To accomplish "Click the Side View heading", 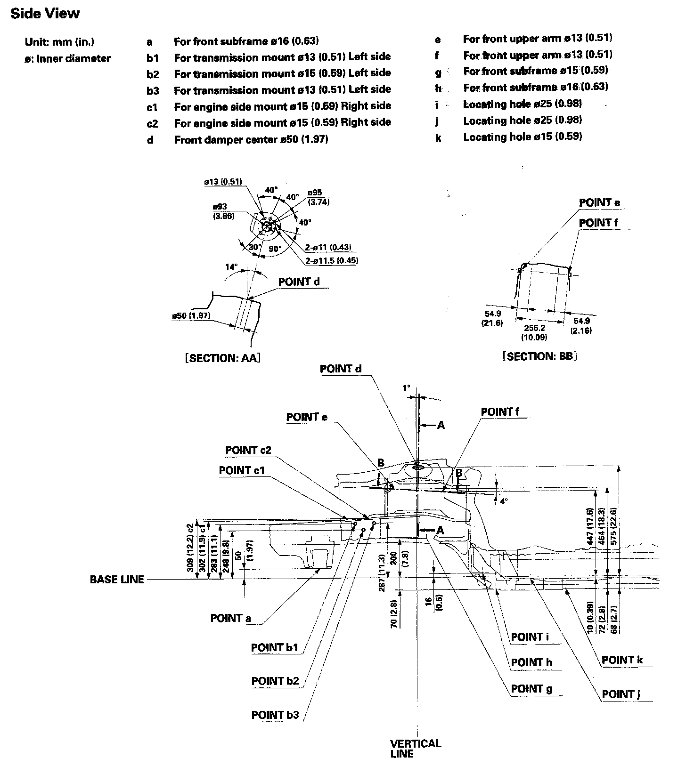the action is pos(45,14).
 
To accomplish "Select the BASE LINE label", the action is pos(117,580).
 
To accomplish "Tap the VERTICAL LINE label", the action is pos(416,749).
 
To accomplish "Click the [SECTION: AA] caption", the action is pos(222,358).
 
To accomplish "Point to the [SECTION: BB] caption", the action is pos(540,356).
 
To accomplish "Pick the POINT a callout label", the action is pos(230,618).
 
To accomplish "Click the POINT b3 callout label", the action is pos(275,715).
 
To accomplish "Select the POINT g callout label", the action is pos(532,689).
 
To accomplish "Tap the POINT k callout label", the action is pos(622,660).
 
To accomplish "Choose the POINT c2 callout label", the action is pos(248,450).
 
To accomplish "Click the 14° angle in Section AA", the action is pos(231,266).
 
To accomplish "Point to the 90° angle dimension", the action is pos(275,248).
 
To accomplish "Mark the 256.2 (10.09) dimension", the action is pos(534,332).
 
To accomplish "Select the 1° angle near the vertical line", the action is pos(407,388).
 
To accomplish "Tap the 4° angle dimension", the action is pos(504,501).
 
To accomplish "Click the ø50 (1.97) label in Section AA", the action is pos(191,315).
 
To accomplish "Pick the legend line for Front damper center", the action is pos(237,139).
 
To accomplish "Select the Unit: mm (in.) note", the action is pos(59,42).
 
